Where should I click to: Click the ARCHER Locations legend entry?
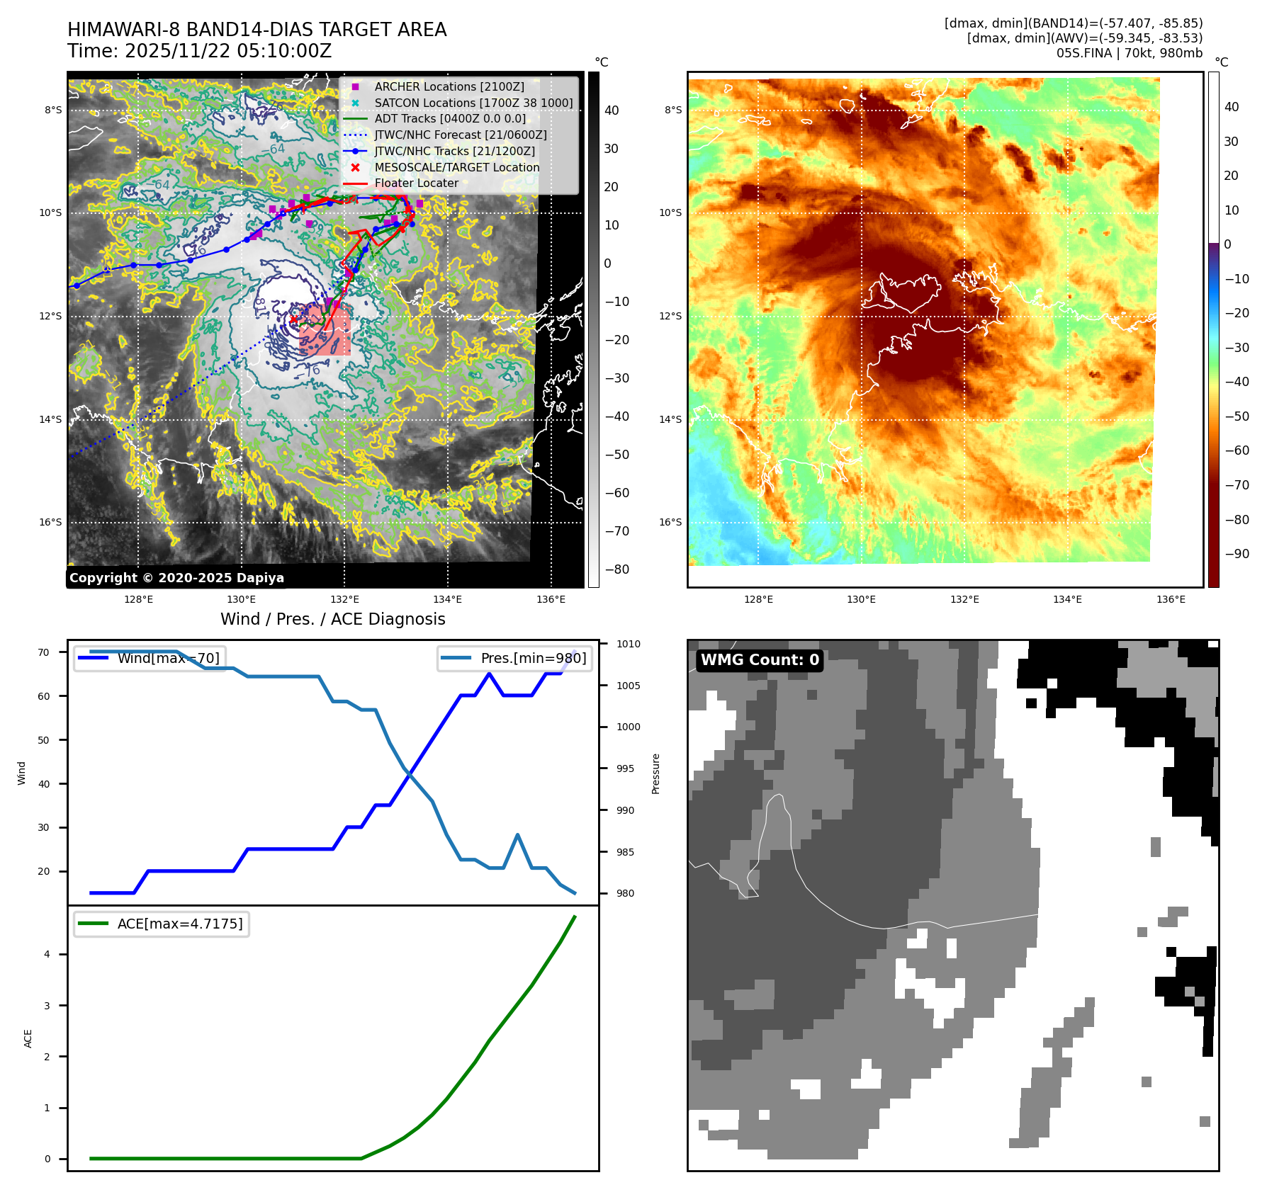point(449,86)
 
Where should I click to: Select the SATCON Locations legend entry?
point(473,103)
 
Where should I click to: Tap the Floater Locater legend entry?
point(416,183)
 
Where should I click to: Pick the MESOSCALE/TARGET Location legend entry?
point(456,167)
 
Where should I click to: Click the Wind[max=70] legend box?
point(150,658)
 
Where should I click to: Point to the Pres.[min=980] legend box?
point(514,658)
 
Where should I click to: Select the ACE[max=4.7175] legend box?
point(162,924)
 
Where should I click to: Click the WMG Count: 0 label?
point(760,660)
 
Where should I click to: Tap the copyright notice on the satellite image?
point(176,578)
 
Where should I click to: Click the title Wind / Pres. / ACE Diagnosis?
point(332,619)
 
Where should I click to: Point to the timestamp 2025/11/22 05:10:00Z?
point(228,51)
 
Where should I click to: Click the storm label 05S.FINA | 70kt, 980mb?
point(1129,53)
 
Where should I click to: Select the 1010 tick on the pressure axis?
point(628,644)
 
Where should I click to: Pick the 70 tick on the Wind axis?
point(44,652)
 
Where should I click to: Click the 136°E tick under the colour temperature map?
point(1171,599)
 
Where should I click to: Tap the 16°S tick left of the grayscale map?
point(50,523)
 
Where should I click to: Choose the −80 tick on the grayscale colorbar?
point(616,569)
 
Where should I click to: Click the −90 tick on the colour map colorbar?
point(1237,554)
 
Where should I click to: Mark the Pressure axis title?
point(656,773)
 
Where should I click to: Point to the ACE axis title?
point(28,1038)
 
